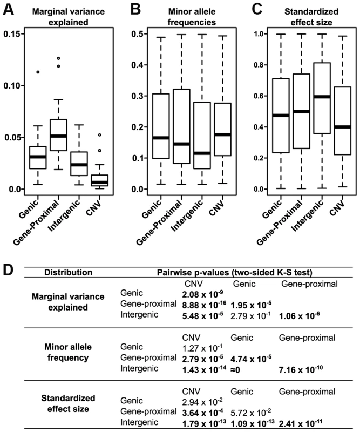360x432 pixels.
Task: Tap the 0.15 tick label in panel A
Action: [x=11, y=34]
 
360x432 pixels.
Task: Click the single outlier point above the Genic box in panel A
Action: [x=38, y=72]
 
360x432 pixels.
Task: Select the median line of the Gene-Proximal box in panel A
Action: [x=58, y=136]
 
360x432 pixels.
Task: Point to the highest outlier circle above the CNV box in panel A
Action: [x=100, y=134]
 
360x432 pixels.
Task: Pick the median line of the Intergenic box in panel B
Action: [x=202, y=153]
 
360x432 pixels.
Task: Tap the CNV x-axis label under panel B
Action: [x=216, y=207]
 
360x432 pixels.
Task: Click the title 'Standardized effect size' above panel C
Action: [x=311, y=17]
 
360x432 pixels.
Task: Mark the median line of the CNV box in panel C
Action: [x=343, y=127]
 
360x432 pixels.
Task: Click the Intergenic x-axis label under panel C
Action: [x=308, y=215]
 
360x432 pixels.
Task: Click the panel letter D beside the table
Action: [x=8, y=271]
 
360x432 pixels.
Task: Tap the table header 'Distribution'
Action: [x=69, y=273]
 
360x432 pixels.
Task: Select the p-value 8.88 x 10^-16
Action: [x=204, y=305]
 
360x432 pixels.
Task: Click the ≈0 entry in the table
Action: [x=235, y=370]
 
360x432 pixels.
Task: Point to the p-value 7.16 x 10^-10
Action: [x=301, y=369]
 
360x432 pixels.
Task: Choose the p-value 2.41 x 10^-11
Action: [x=301, y=423]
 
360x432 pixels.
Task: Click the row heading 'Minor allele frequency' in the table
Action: [x=68, y=353]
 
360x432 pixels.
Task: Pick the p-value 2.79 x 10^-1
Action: [x=250, y=316]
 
